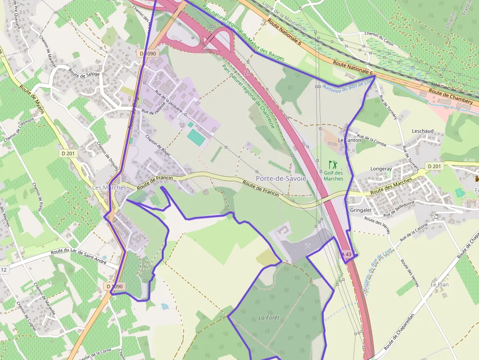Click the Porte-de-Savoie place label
(281, 179)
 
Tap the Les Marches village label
(109, 188)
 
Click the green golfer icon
(333, 165)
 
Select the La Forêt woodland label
(269, 318)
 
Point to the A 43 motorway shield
(346, 254)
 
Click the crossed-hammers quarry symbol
(308, 246)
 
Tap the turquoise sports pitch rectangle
(196, 137)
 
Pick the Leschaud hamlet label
(423, 131)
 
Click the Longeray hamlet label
(381, 169)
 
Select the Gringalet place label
(361, 210)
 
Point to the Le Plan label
(439, 284)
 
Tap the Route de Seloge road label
(84, 74)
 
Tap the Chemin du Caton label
(379, 34)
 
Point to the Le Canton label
(349, 140)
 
